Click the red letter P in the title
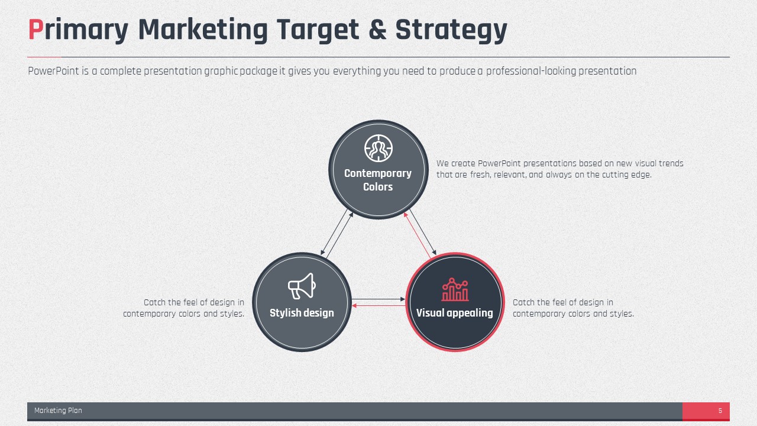click(x=36, y=30)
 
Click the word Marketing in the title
click(x=203, y=31)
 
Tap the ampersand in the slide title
click(x=377, y=30)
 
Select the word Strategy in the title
click(x=451, y=31)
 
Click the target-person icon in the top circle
click(x=378, y=148)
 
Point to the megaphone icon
click(x=302, y=286)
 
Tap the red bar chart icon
click(x=455, y=289)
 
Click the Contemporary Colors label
click(x=378, y=180)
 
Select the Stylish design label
click(x=302, y=313)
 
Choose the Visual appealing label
click(x=455, y=313)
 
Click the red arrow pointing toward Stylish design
click(x=378, y=306)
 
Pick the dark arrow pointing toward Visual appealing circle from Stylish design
click(x=378, y=299)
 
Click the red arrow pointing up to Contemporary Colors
click(x=417, y=235)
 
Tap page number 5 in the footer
click(x=720, y=411)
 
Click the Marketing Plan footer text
click(x=58, y=411)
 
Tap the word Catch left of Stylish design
click(x=154, y=302)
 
